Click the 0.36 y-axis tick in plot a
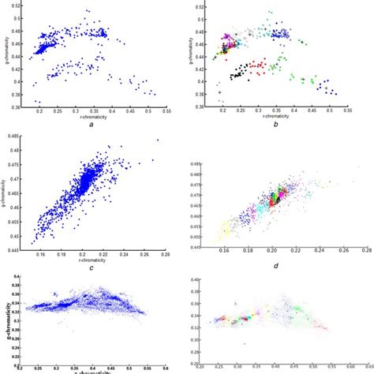[x=20, y=105]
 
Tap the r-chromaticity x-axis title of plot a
[x=89, y=118]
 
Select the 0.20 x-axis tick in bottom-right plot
[x=204, y=365]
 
